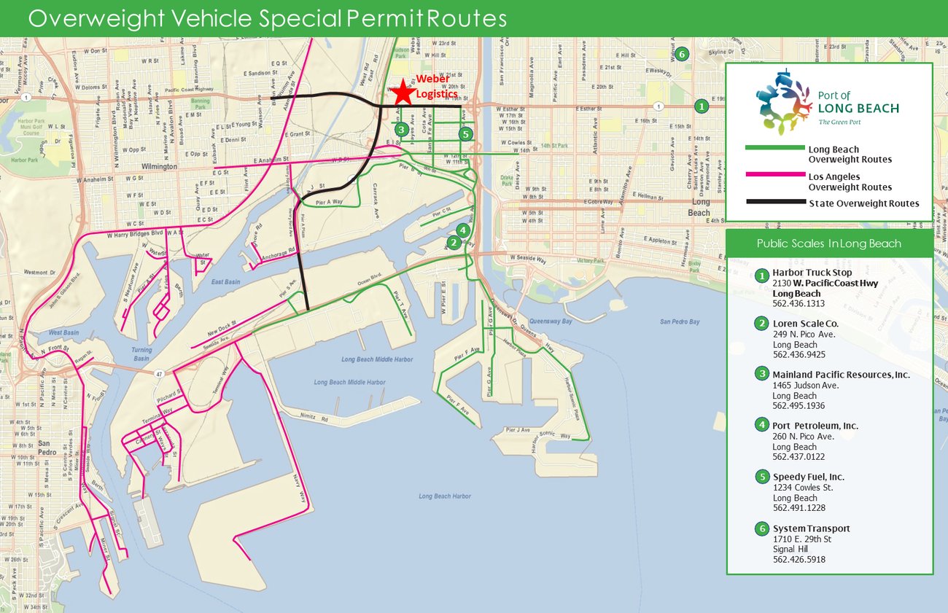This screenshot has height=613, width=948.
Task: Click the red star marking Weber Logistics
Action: pyautogui.click(x=401, y=93)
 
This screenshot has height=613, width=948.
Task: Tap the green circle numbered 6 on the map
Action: pyautogui.click(x=681, y=54)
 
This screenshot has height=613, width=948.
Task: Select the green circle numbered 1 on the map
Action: pyautogui.click(x=701, y=106)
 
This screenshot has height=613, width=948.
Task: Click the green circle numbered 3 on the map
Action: pyautogui.click(x=400, y=130)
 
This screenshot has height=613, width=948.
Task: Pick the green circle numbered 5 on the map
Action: pyautogui.click(x=466, y=134)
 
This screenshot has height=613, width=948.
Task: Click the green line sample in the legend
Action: pyautogui.click(x=773, y=147)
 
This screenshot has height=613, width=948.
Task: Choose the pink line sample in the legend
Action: pyautogui.click(x=773, y=175)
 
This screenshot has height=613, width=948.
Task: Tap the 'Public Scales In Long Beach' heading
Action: pyautogui.click(x=828, y=243)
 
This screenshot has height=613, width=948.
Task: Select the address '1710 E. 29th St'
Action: pyautogui.click(x=801, y=539)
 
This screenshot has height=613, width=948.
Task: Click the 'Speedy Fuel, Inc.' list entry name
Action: pyautogui.click(x=809, y=477)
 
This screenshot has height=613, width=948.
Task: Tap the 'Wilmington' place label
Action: pyautogui.click(x=159, y=166)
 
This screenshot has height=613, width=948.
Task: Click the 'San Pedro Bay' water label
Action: pyautogui.click(x=680, y=321)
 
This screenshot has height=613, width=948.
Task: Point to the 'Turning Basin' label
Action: pyautogui.click(x=141, y=354)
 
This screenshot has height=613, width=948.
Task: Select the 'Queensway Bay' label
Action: pyautogui.click(x=553, y=308)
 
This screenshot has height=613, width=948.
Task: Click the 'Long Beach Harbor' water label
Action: pyautogui.click(x=445, y=496)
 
